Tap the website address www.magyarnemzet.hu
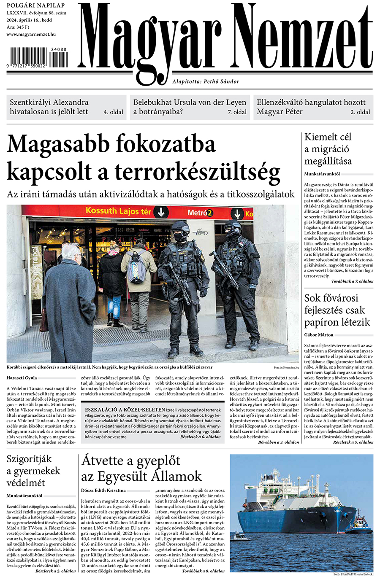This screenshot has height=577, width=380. (31, 34)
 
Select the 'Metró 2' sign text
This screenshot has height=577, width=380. (200, 213)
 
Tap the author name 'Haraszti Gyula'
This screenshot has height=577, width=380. (22, 377)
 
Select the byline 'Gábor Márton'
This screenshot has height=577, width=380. (319, 335)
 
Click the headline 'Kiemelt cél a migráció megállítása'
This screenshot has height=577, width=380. (328, 149)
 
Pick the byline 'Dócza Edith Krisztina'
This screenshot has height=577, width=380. (103, 491)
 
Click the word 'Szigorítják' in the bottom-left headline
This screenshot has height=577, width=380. (29, 459)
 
